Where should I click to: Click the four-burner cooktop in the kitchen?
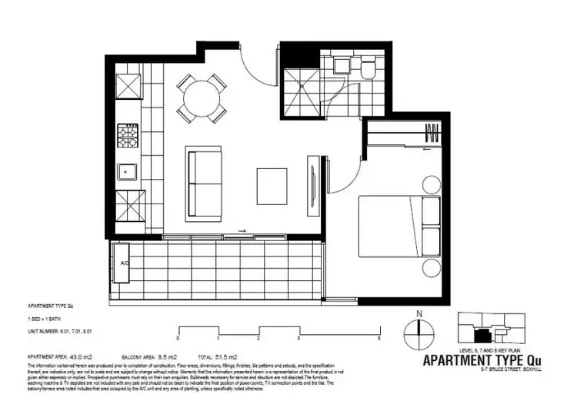pos(127,137)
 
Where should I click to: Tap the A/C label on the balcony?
pos(123,263)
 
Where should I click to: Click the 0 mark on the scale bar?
pos(178,338)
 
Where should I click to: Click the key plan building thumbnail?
pos(488,329)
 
